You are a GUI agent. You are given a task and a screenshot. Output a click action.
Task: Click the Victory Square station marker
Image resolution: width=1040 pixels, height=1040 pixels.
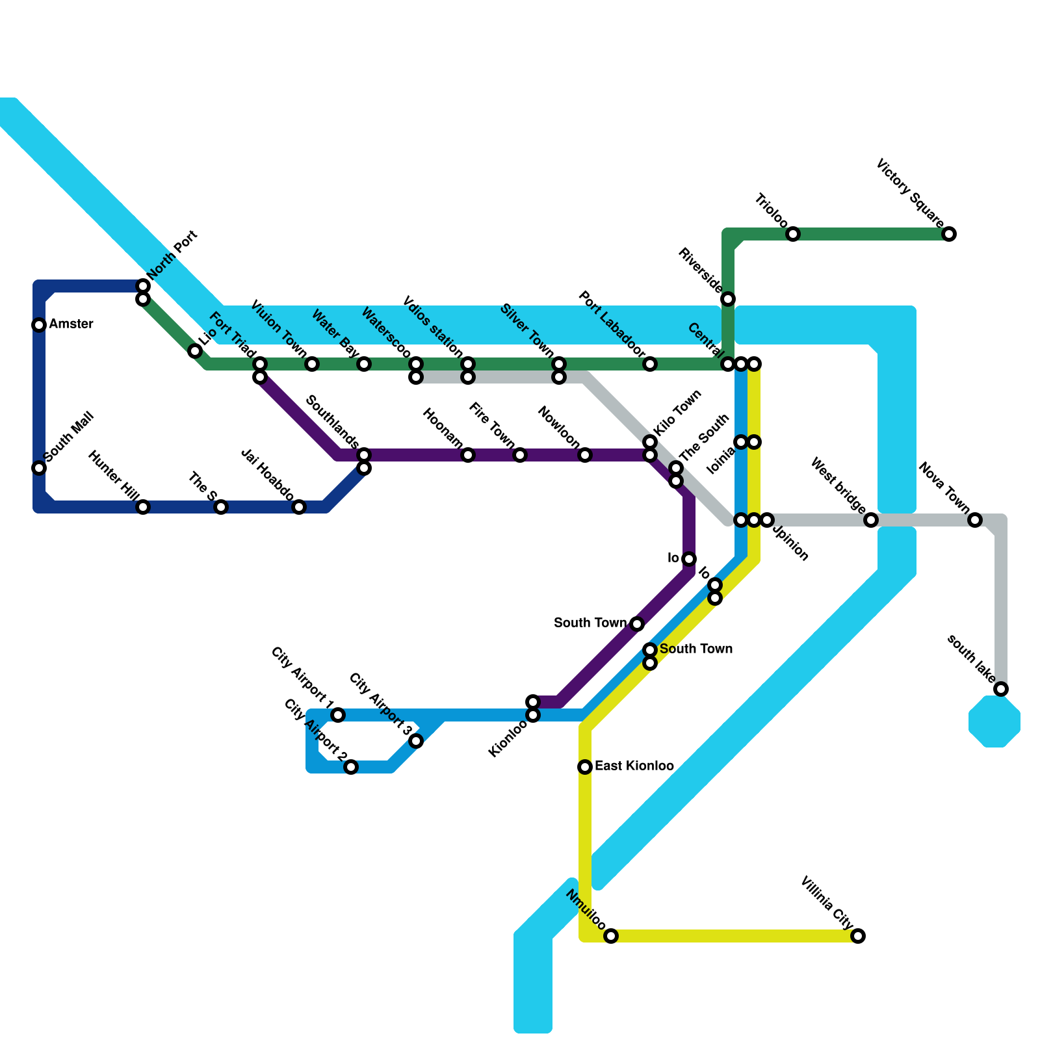[x=949, y=234]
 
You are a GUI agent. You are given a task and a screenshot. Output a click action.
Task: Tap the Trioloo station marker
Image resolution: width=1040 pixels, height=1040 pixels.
[x=793, y=234]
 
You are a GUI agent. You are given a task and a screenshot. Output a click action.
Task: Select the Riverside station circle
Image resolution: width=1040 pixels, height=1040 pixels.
[x=728, y=299]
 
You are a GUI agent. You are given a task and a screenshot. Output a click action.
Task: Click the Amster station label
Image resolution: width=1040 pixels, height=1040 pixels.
[x=71, y=324]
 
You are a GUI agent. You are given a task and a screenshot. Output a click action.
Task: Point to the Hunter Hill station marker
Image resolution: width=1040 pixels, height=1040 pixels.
[x=143, y=507]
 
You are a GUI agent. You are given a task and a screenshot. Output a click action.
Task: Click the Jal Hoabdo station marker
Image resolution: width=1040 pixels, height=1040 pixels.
[x=299, y=507]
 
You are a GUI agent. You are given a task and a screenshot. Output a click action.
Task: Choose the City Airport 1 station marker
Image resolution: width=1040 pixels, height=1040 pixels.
[x=338, y=715]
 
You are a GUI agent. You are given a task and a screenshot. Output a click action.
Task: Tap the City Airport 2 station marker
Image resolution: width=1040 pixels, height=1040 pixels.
[x=351, y=767]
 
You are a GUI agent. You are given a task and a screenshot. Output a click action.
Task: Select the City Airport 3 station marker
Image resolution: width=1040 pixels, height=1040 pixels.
[x=416, y=741]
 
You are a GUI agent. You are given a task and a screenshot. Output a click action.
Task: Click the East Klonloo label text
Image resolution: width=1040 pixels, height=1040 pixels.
[x=634, y=766]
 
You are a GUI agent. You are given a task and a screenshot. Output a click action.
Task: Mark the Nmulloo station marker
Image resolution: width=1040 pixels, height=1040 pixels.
[x=611, y=936]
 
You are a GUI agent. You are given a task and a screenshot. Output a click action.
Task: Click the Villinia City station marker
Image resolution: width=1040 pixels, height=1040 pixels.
[x=858, y=936]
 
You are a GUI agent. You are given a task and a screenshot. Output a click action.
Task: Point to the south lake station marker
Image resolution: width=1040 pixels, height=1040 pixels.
[x=1001, y=689]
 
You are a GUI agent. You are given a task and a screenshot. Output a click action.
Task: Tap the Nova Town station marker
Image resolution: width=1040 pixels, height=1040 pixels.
[x=975, y=520]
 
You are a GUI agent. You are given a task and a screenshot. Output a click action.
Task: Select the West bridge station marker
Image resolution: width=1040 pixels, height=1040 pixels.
[x=871, y=520]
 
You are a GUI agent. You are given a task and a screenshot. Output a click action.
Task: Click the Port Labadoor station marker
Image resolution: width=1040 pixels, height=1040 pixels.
[x=650, y=364]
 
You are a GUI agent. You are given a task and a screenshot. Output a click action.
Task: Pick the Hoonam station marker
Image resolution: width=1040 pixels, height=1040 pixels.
[x=468, y=455]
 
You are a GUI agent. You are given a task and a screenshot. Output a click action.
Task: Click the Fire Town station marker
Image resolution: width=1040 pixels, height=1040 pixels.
[x=520, y=455]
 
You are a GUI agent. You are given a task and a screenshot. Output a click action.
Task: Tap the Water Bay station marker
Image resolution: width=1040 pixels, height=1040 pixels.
[x=364, y=364]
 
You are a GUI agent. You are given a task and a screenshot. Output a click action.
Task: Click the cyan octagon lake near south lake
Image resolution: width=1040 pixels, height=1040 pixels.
[x=994, y=721]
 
